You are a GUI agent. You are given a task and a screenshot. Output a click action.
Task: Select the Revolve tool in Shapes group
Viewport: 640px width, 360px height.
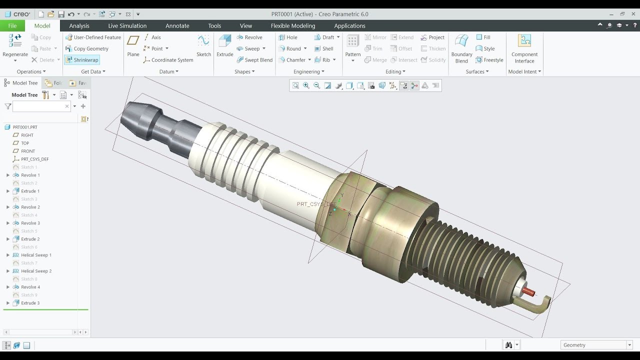(249, 37)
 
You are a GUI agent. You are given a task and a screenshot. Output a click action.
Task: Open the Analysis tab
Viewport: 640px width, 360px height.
(79, 26)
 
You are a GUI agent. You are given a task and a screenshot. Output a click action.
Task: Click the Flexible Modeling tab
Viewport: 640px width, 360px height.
(292, 26)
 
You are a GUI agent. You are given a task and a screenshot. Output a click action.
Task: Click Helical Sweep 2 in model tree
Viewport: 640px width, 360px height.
(36, 271)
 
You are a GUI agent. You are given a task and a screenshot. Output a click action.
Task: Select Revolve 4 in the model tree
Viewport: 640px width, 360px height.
(30, 287)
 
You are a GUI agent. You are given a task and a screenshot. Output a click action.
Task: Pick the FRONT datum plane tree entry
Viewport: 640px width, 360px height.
(28, 151)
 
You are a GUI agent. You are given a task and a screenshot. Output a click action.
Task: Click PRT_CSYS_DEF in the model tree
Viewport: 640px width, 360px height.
(34, 159)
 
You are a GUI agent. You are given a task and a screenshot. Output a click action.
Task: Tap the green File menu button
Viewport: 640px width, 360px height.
(12, 26)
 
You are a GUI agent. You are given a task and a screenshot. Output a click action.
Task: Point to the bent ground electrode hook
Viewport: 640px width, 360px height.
(542, 304)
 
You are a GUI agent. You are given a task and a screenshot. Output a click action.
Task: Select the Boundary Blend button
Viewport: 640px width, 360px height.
(461, 48)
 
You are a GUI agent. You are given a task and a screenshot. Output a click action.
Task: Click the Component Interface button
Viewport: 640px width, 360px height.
(524, 48)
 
